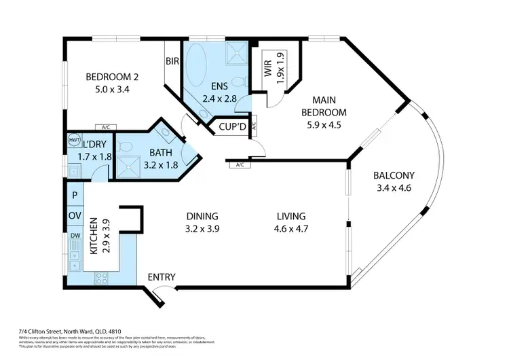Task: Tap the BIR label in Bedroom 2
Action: pyautogui.click(x=172, y=60)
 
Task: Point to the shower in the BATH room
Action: pyautogui.click(x=127, y=163)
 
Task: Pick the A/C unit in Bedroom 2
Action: pyautogui.click(x=105, y=128)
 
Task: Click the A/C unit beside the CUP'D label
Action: pyautogui.click(x=252, y=126)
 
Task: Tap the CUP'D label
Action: pyautogui.click(x=232, y=126)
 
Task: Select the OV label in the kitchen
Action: pyautogui.click(x=74, y=216)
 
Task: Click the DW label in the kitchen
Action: pyautogui.click(x=74, y=236)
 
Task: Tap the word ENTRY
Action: pyautogui.click(x=162, y=277)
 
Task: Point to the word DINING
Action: pyautogui.click(x=202, y=216)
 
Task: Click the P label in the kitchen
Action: pyautogui.click(x=74, y=196)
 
